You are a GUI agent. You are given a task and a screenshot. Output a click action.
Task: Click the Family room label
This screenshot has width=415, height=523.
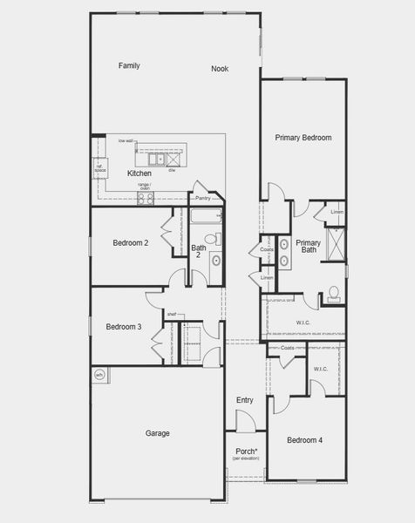pos(129,65)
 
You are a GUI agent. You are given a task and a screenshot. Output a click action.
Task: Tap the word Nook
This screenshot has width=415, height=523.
pos(220,69)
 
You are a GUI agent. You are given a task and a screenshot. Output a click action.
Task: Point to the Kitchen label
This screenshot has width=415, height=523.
pos(139,173)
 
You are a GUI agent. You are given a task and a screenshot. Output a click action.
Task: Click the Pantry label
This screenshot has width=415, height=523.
pos(203,198)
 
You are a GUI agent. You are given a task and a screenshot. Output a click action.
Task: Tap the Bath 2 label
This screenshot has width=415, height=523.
pos(199,251)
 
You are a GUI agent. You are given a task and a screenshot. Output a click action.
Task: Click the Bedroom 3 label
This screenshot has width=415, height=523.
pos(124,327)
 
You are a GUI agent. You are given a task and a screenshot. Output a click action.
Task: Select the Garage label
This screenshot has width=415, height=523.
pos(157,433)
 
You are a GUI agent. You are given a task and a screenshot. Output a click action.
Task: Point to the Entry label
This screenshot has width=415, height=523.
pos(245,400)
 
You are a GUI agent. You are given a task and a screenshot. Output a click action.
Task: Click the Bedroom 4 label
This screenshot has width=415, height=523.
pos(305,440)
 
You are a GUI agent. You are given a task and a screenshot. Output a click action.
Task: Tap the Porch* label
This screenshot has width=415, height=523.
pos(246,452)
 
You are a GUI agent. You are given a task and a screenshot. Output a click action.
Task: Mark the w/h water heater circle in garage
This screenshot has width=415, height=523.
pos(99,376)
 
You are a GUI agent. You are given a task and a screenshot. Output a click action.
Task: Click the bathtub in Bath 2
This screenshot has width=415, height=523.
pos(207,217)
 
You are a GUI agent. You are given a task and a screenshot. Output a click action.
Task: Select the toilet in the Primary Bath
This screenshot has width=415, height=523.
pos(333,295)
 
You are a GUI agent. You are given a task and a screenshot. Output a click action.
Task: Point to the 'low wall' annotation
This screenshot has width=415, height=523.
pos(126,140)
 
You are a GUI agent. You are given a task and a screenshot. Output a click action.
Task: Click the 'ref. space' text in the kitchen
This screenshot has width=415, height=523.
pos(99,167)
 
